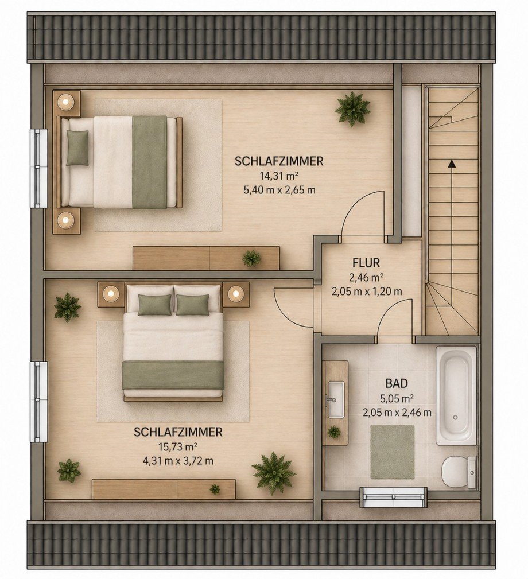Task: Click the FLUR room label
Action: pyautogui.click(x=366, y=263)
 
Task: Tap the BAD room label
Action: pyautogui.click(x=397, y=383)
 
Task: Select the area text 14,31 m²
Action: pyautogui.click(x=278, y=176)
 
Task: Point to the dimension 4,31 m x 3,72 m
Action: pyautogui.click(x=178, y=461)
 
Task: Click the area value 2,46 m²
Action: pyautogui.click(x=366, y=277)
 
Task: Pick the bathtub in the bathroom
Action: pyautogui.click(x=456, y=395)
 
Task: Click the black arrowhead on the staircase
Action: pyautogui.click(x=451, y=164)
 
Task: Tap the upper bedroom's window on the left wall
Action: pyautogui.click(x=39, y=168)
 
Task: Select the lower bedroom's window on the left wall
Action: pyautogui.click(x=39, y=401)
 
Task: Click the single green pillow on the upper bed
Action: pyautogui.click(x=77, y=147)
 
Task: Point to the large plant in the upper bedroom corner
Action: pyautogui.click(x=352, y=109)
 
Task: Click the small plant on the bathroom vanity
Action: pyautogui.click(x=334, y=432)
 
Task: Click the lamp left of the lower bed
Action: pyautogui.click(x=110, y=294)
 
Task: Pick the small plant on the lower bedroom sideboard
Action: pyautogui.click(x=215, y=489)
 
